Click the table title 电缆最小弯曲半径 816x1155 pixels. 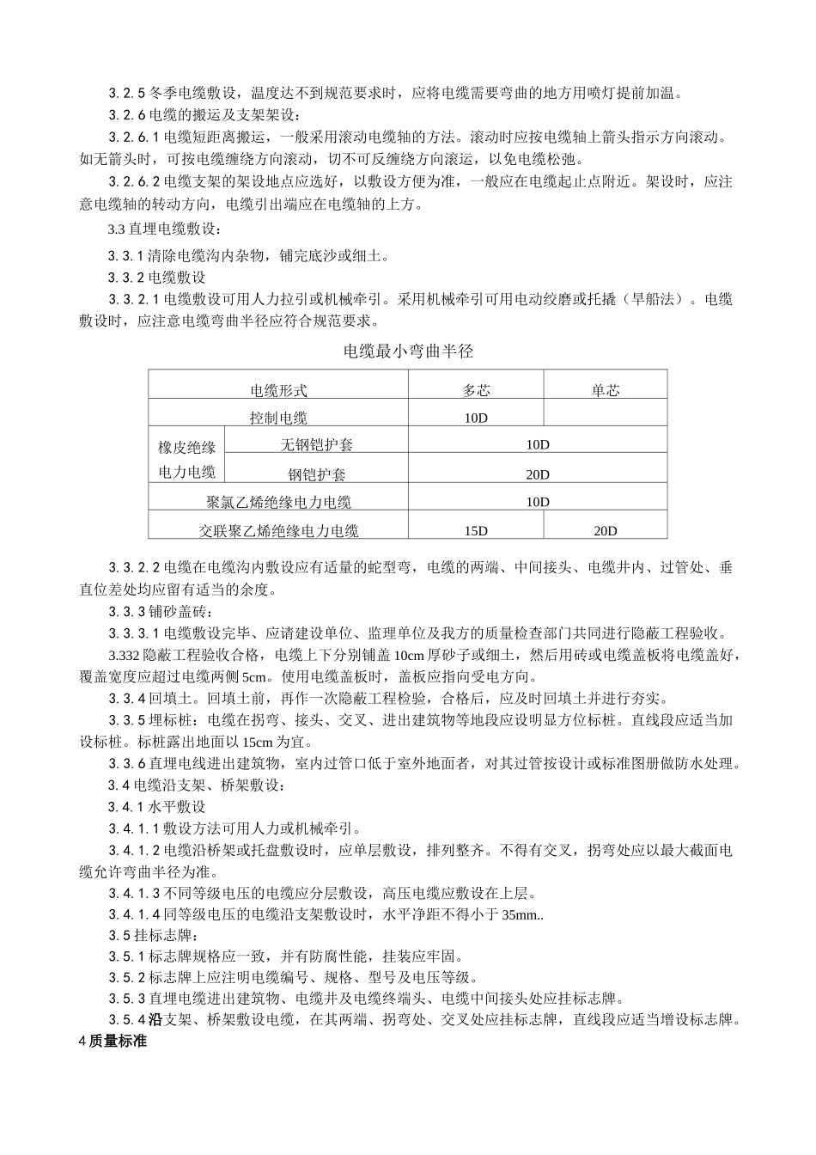click(x=408, y=351)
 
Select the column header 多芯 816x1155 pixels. click(x=476, y=390)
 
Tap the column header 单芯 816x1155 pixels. click(x=606, y=390)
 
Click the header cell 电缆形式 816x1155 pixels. click(x=278, y=390)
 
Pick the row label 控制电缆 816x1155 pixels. click(x=278, y=419)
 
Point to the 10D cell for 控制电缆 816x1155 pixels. click(x=476, y=419)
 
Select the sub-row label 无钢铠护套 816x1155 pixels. click(x=316, y=445)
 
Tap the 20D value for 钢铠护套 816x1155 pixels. click(x=538, y=474)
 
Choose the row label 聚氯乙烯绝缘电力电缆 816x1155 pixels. click(x=278, y=502)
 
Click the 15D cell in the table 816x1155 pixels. click(x=476, y=530)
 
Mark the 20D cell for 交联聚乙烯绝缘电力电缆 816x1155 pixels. click(x=606, y=530)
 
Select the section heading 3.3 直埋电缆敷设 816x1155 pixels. click(x=164, y=229)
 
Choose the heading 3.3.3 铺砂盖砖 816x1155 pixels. click(x=157, y=611)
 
